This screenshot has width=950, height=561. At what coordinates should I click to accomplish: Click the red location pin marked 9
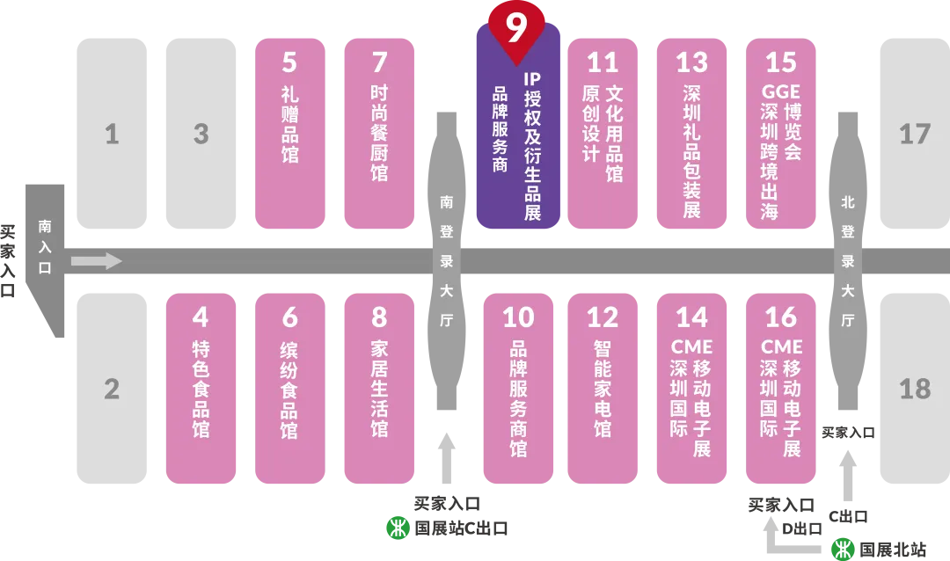pos(516,28)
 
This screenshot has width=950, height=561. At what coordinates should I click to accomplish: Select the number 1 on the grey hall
pos(112,134)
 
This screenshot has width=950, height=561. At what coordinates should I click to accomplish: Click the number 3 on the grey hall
pos(201,134)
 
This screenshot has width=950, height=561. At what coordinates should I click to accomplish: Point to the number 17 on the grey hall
pos(915,134)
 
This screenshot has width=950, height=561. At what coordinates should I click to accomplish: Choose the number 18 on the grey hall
pos(915,388)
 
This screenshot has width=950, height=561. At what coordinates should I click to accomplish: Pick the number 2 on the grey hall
pos(112,388)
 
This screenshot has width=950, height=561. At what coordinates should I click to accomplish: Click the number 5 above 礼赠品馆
pos(290,62)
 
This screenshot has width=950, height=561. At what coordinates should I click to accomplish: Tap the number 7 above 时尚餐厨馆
pos(379,62)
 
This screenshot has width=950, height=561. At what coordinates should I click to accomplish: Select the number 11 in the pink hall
pos(603,62)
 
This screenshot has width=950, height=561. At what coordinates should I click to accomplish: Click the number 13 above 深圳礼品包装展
pos(692,62)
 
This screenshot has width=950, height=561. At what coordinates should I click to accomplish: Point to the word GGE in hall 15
pos(781,91)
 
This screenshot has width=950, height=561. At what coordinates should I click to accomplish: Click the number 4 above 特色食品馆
pos(201,317)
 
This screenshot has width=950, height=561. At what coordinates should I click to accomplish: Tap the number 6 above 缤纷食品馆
pos(290,317)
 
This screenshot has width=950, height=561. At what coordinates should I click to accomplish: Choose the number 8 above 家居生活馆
pos(379,317)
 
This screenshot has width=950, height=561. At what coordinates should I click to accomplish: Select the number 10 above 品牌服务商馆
pos(519,317)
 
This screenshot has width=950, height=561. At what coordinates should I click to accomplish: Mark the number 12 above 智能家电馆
pos(603,317)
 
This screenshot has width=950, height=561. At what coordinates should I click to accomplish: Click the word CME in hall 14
pos(692,346)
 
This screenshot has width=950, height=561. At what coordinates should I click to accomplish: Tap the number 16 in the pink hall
pos(781,317)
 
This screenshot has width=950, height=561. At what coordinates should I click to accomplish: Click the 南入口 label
pos(45,247)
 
